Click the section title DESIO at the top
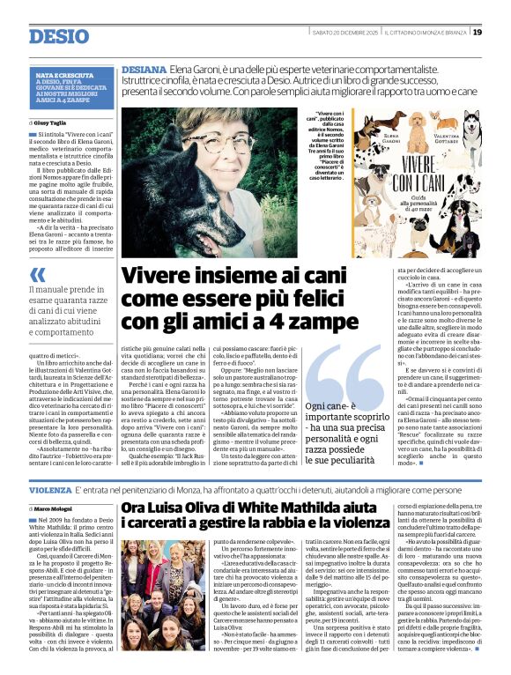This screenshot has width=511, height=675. click(x=58, y=36)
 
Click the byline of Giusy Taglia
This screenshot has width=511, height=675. click(x=51, y=123)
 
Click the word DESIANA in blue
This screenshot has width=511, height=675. click(x=144, y=68)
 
